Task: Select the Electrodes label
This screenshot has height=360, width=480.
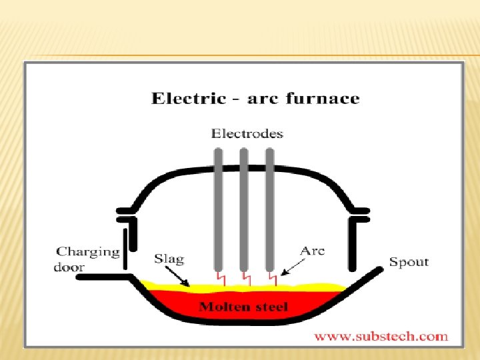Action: (247, 133)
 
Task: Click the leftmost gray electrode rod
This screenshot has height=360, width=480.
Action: (218, 207)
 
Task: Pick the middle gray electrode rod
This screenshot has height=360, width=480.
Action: (244, 207)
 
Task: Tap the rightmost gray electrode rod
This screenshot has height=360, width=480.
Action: (270, 207)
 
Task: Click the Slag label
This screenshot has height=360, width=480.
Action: (169, 258)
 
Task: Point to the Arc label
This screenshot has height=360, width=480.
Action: (313, 251)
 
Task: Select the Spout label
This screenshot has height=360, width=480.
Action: (409, 261)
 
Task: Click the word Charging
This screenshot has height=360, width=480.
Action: (88, 252)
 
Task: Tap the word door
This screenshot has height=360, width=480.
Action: (69, 267)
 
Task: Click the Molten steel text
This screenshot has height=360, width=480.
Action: (244, 307)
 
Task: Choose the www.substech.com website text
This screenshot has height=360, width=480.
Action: (381, 337)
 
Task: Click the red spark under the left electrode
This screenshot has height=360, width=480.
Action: (219, 276)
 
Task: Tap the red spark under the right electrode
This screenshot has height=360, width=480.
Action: (271, 276)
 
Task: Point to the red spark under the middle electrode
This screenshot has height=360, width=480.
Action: (245, 276)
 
